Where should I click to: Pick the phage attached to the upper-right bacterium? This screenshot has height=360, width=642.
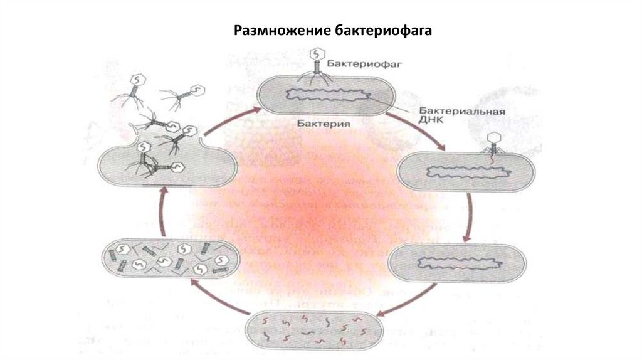(495, 143)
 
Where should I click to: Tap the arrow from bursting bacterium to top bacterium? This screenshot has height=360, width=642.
(226, 125)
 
